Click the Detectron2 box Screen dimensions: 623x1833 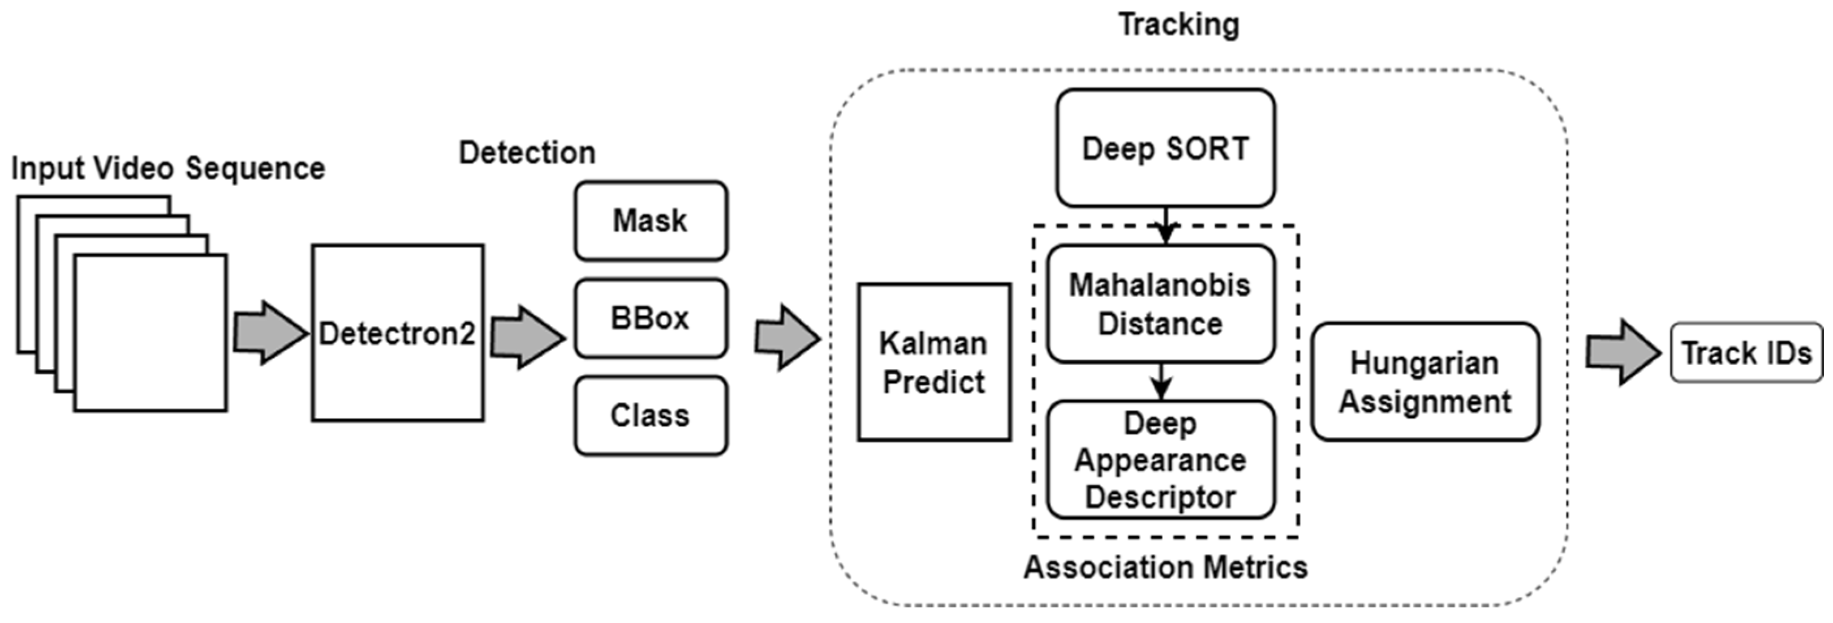tap(397, 332)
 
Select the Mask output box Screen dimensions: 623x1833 tap(651, 221)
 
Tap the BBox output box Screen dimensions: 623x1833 tap(651, 318)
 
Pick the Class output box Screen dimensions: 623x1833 tap(651, 415)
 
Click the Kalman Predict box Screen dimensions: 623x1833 tap(933, 362)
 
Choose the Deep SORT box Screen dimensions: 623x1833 tap(1165, 148)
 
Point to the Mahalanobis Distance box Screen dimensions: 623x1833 tap(1160, 304)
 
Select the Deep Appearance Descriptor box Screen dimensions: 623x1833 tap(1160, 459)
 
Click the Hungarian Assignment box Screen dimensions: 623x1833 tap(1425, 382)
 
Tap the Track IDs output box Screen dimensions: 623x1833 tap(1746, 352)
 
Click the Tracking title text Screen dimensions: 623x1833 tap(1178, 24)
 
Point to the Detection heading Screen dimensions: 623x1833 tap(527, 152)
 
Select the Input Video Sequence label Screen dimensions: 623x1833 tap(168, 168)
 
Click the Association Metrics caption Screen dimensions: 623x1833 tap(1165, 567)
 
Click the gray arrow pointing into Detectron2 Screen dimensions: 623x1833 tap(269, 332)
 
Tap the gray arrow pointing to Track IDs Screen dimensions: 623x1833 tap(1621, 352)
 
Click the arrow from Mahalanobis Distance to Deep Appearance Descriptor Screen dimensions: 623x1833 tap(1160, 382)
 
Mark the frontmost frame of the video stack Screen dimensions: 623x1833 tap(150, 332)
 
